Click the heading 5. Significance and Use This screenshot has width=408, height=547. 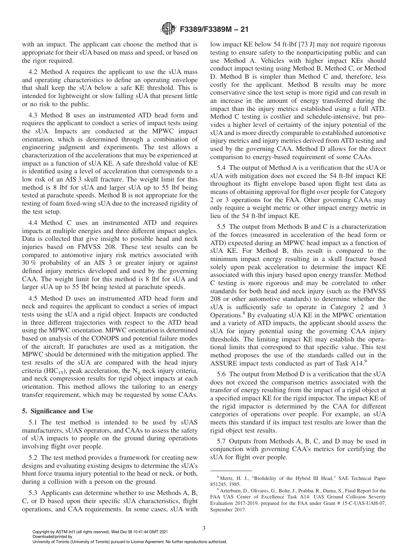click(58, 411)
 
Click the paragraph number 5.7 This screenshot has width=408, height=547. click(222, 441)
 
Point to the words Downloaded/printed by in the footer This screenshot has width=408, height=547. click(52, 537)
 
